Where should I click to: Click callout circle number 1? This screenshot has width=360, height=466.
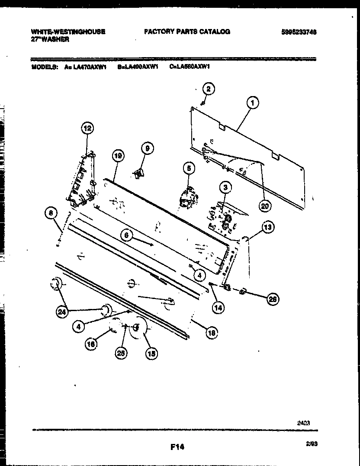pos(252,103)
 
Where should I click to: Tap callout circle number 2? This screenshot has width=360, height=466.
pos(209,90)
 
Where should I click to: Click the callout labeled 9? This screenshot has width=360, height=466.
pos(147,148)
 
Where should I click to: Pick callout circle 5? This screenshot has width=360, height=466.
pos(189,168)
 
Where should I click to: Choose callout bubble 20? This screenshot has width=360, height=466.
pos(264,206)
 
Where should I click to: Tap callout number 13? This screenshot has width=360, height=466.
pos(268,226)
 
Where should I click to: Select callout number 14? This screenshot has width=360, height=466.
pos(219,308)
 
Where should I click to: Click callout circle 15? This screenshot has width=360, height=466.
pos(151,354)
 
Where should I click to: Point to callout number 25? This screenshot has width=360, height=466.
pos(122,354)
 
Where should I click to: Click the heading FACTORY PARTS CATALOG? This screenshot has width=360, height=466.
pos(186,32)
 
